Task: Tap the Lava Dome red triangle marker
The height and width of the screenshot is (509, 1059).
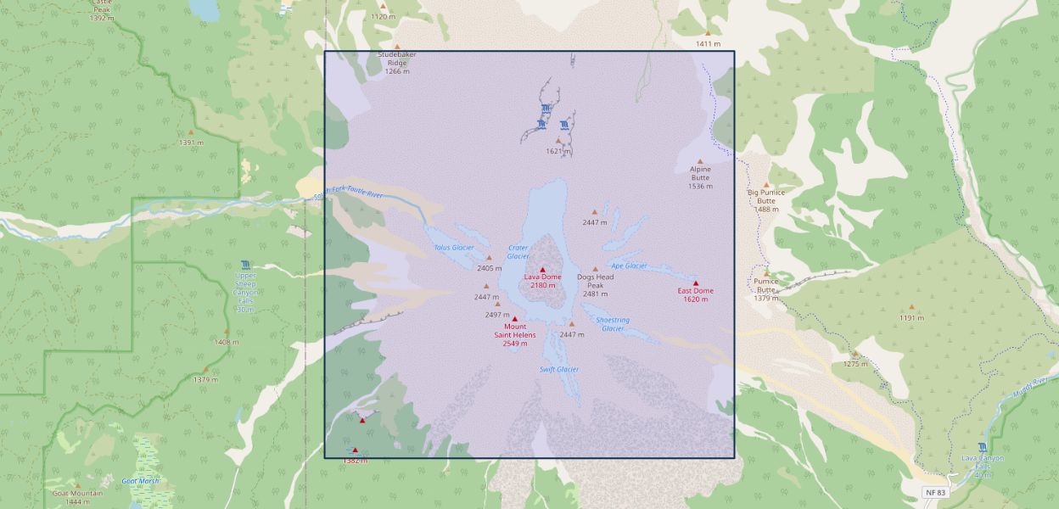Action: (x=542, y=270)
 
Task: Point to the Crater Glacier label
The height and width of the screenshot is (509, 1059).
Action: (x=518, y=252)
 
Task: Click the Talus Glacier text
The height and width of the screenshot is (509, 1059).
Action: (x=454, y=248)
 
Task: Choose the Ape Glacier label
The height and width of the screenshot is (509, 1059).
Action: (x=629, y=266)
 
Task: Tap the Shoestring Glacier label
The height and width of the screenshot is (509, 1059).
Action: (x=613, y=324)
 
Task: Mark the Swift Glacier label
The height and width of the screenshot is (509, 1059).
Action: (x=558, y=369)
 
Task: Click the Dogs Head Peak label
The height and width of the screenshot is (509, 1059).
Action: (x=595, y=281)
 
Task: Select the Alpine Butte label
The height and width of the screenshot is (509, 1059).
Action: (x=700, y=173)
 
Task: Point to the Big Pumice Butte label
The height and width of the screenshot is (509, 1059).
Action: (x=766, y=197)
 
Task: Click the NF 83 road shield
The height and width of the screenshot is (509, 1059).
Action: (x=934, y=492)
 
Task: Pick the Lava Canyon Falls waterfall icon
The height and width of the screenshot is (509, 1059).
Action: (x=982, y=447)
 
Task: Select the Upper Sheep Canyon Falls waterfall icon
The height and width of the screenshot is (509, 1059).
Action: (x=245, y=264)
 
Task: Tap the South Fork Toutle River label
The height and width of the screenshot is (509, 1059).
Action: (x=349, y=195)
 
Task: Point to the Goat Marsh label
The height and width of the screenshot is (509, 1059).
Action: (x=140, y=481)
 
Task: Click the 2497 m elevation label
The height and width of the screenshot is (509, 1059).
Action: (x=497, y=315)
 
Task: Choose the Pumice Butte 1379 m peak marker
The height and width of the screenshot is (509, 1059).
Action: (x=766, y=273)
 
